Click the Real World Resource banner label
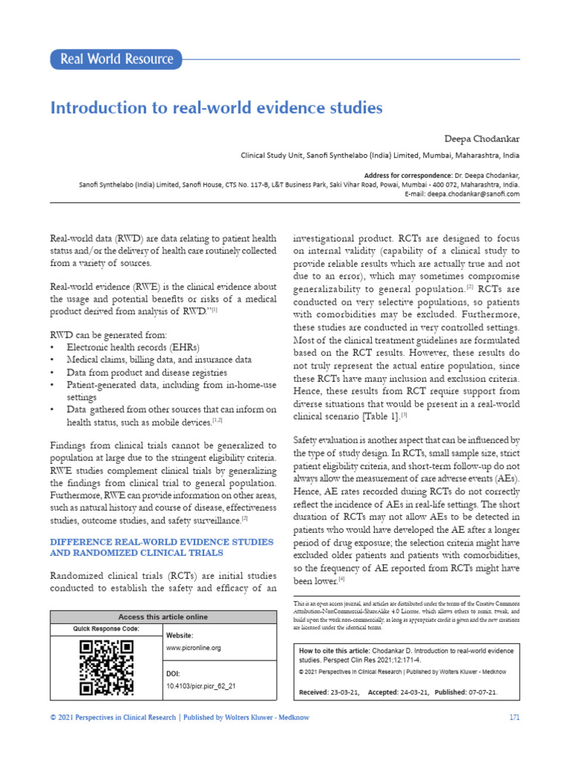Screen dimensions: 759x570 coord(116,59)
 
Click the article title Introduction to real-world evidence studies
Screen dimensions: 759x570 coord(216,108)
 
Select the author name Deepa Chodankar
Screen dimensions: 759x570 coord(483,139)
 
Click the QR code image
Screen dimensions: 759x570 coord(106,668)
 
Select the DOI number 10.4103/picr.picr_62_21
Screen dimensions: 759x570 coord(200,686)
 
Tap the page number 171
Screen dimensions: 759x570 coord(514,717)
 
